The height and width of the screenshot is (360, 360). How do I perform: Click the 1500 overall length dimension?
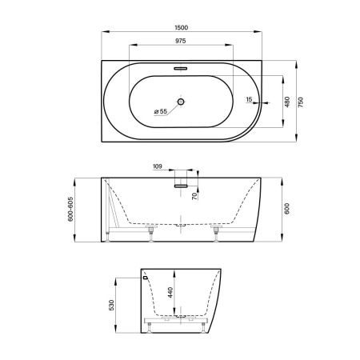pyautogui.click(x=182, y=27)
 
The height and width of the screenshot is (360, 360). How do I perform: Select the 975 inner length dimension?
pyautogui.click(x=181, y=41)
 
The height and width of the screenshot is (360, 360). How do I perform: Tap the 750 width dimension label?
pyautogui.click(x=301, y=102)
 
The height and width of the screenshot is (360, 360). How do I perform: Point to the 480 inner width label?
pyautogui.click(x=287, y=102)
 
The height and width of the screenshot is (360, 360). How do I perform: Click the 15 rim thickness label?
pyautogui.click(x=249, y=99)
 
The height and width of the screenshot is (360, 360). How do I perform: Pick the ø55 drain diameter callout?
pyautogui.click(x=161, y=111)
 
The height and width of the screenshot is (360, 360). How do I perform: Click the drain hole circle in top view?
pyautogui.click(x=181, y=102)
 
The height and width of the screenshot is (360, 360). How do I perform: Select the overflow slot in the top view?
pyautogui.click(x=181, y=69)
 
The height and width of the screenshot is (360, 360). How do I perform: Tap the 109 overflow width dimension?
pyautogui.click(x=158, y=166)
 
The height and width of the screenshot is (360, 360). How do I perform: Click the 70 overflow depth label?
pyautogui.click(x=194, y=196)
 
